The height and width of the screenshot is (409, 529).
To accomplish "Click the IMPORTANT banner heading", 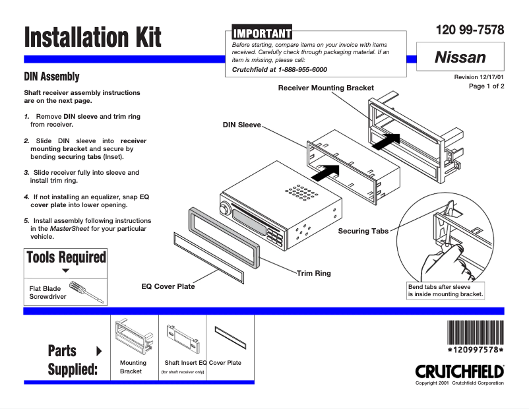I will pos(261,32).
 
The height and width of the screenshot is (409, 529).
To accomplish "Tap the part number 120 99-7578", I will pos(470,30).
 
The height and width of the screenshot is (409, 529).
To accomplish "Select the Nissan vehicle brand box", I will pos(460,58).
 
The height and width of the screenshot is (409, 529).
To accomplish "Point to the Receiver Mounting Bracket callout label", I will pos(326,88).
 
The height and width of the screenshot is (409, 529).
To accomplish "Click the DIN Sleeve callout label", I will pos(242,125).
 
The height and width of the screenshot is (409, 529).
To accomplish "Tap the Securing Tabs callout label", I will pos(363,231).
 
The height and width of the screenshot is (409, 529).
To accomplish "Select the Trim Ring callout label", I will pos(313,272).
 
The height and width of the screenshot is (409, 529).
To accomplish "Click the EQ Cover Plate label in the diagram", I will pos(168,287).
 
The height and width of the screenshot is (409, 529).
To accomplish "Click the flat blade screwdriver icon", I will pos(86,291).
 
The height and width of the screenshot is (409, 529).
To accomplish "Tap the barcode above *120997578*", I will pos(475,331).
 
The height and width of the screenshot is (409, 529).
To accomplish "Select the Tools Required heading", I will pos(65,257).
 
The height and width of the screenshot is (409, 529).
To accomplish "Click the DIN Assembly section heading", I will pos(51,77).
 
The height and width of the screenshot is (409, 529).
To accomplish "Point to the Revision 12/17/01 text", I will pos(479,77).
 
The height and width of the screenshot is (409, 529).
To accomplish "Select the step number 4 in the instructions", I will pos(26,197).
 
